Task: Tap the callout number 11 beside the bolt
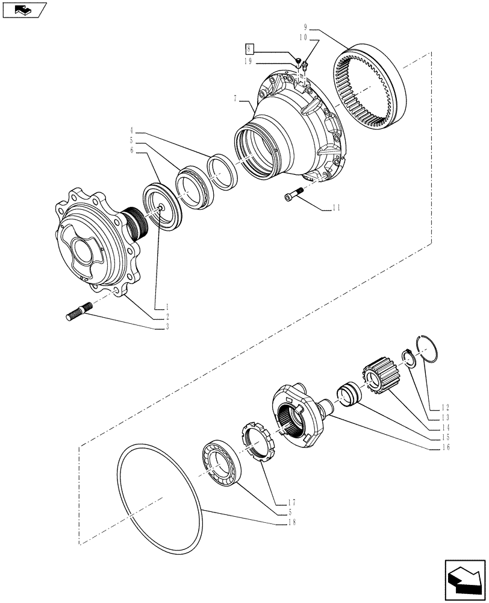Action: pos(335,207)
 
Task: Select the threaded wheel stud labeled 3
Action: pos(78,312)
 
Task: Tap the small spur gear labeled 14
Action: pos(376,374)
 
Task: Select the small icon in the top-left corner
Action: pos(23,10)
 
